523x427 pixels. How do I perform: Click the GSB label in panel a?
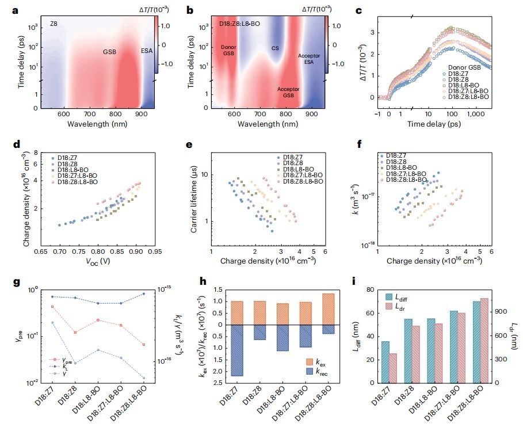pos(110,52)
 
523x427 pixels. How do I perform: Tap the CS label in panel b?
pos(275,49)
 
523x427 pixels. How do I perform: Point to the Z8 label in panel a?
pos(54,24)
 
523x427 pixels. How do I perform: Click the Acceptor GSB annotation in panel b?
pos(288,93)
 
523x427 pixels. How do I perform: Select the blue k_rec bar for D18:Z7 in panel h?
pos(237,350)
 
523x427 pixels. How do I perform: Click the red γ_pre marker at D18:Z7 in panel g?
pos(52,307)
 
